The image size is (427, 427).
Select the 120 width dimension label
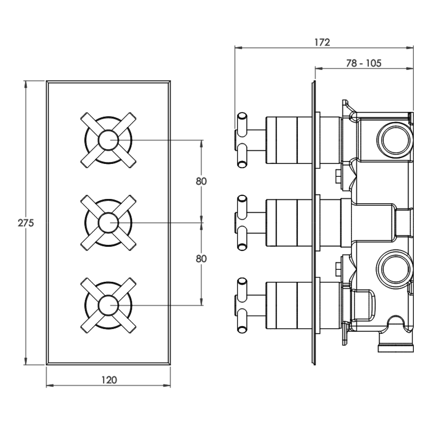[109, 379]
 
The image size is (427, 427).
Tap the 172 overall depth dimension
[322, 42]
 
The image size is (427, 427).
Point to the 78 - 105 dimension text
[364, 63]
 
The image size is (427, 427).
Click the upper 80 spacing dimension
[201, 181]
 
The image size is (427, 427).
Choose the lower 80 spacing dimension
[201, 258]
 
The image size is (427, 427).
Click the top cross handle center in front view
[108, 140]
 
